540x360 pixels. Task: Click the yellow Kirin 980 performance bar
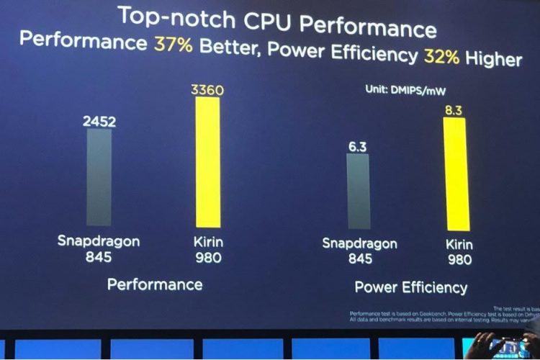[207, 162]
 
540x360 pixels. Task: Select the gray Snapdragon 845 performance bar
[99, 177]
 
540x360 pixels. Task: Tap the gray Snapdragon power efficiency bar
[358, 191]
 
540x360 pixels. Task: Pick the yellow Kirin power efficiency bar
[455, 174]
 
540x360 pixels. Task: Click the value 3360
[207, 90]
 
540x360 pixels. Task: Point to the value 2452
[99, 122]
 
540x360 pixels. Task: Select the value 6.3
[358, 147]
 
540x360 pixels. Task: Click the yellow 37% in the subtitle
[173, 44]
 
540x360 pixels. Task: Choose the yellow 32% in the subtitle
[441, 56]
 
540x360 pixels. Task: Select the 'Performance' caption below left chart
[155, 284]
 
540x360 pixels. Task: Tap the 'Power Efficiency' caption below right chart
[410, 288]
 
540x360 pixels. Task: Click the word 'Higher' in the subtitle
[493, 58]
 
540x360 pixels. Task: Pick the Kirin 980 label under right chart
[459, 252]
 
